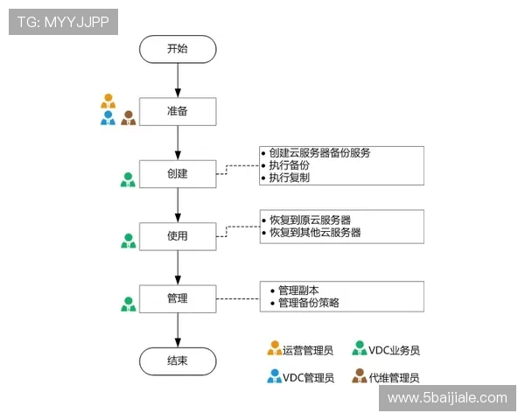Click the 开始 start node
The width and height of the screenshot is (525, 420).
pyautogui.click(x=178, y=48)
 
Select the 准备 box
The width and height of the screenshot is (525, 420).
pyautogui.click(x=178, y=111)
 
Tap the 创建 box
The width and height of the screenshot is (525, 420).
pyautogui.click(x=178, y=173)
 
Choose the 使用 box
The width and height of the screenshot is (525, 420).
pyautogui.click(x=178, y=235)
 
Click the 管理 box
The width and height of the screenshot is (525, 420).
pyautogui.click(x=178, y=298)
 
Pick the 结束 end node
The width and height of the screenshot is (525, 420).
pyautogui.click(x=178, y=360)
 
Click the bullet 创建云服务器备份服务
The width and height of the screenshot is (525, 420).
pyautogui.click(x=319, y=152)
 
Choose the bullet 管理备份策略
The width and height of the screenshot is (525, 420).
pyautogui.click(x=308, y=303)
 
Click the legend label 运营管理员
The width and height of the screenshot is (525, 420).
pyautogui.click(x=308, y=350)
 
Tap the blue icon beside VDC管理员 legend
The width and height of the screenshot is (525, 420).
pyautogui.click(x=275, y=377)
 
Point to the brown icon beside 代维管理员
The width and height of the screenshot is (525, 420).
pyautogui.click(x=359, y=377)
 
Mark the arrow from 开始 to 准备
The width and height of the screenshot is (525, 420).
pyautogui.click(x=178, y=79)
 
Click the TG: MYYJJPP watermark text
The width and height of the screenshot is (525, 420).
pyautogui.click(x=63, y=22)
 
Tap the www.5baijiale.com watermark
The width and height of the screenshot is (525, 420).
pyautogui.click(x=447, y=398)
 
